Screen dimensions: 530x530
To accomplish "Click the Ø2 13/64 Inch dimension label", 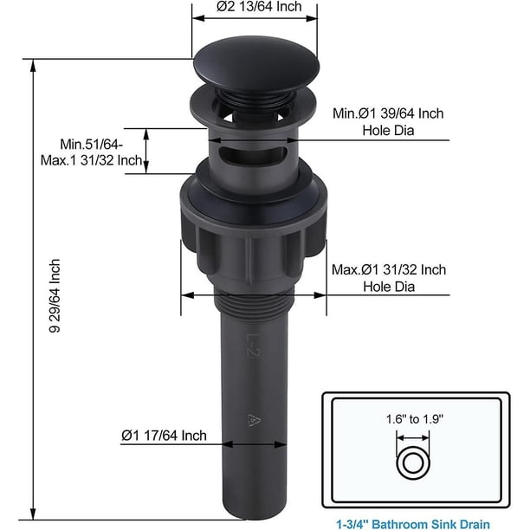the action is tap(259, 6).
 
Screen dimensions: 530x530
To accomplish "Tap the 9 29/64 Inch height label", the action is tap(55, 296).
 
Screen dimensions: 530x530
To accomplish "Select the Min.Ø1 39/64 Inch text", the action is tap(388, 113).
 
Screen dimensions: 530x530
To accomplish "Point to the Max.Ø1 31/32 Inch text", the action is tap(389, 269).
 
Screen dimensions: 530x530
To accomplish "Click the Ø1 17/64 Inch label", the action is tap(164, 436).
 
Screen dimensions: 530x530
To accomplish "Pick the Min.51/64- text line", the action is tap(92, 145).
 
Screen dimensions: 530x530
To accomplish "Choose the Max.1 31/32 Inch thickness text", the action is tap(91, 160).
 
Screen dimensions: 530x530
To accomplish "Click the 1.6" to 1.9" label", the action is tap(415, 419).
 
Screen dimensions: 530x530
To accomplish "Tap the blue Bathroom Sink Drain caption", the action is tap(413, 524).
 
